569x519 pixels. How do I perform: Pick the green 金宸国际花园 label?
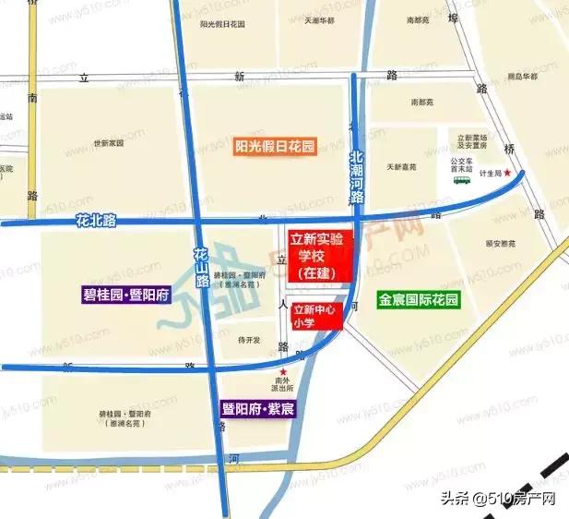click(x=418, y=300)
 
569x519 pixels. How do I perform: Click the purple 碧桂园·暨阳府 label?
click(x=125, y=296)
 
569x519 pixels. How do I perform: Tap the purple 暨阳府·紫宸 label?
click(x=257, y=408)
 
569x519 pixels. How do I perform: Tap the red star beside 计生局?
click(x=506, y=173)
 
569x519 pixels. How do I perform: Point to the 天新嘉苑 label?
click(x=401, y=166)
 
